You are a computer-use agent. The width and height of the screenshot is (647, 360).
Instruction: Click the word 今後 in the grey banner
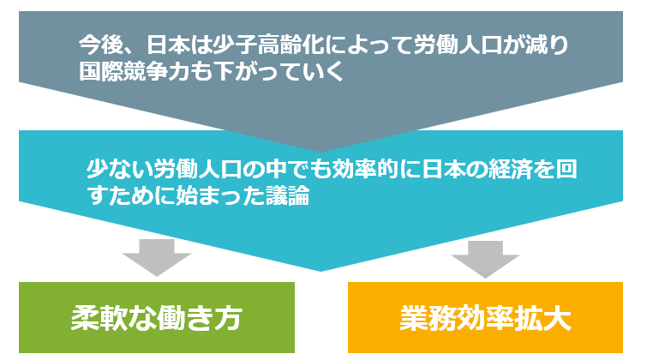click(100, 45)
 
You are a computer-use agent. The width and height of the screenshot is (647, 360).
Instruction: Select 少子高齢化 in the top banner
click(267, 45)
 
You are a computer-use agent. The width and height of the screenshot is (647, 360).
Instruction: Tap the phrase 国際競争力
click(134, 71)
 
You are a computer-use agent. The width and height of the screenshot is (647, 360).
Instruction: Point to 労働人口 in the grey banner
click(458, 45)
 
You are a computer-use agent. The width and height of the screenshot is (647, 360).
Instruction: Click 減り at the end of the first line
click(548, 45)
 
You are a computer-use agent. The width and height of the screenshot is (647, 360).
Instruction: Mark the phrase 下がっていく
click(279, 71)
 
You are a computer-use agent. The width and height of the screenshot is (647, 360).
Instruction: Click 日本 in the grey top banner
click(167, 45)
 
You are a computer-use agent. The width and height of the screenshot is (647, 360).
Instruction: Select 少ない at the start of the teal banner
click(119, 169)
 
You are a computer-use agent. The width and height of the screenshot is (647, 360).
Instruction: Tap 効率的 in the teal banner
click(364, 169)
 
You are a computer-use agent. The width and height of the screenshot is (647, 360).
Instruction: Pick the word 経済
click(509, 169)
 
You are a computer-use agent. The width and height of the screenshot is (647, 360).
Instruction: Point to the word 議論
click(287, 195)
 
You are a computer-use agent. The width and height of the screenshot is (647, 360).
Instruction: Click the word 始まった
click(219, 195)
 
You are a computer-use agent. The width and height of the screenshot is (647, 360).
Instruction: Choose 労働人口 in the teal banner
click(197, 169)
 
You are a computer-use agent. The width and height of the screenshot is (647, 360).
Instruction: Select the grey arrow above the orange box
click(485, 259)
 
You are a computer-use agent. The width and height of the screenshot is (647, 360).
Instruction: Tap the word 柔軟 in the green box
click(99, 318)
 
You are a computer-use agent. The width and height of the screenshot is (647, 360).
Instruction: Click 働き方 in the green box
click(200, 318)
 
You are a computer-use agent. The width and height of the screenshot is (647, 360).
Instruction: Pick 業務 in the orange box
click(428, 318)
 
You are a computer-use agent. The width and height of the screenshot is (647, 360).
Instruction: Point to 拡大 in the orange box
click(543, 318)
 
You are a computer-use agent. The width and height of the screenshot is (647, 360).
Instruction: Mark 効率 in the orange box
click(485, 318)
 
